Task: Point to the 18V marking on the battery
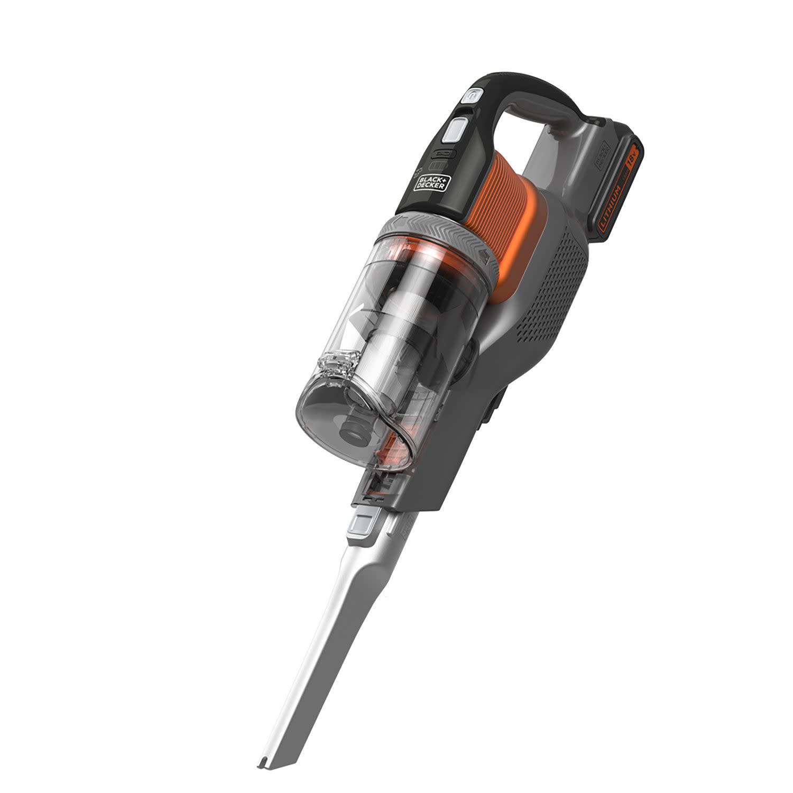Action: pos(633,160)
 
